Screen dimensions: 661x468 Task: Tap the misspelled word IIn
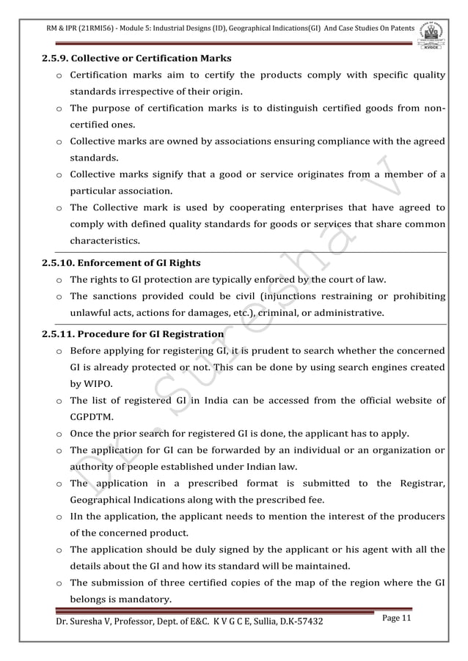(76, 517)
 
